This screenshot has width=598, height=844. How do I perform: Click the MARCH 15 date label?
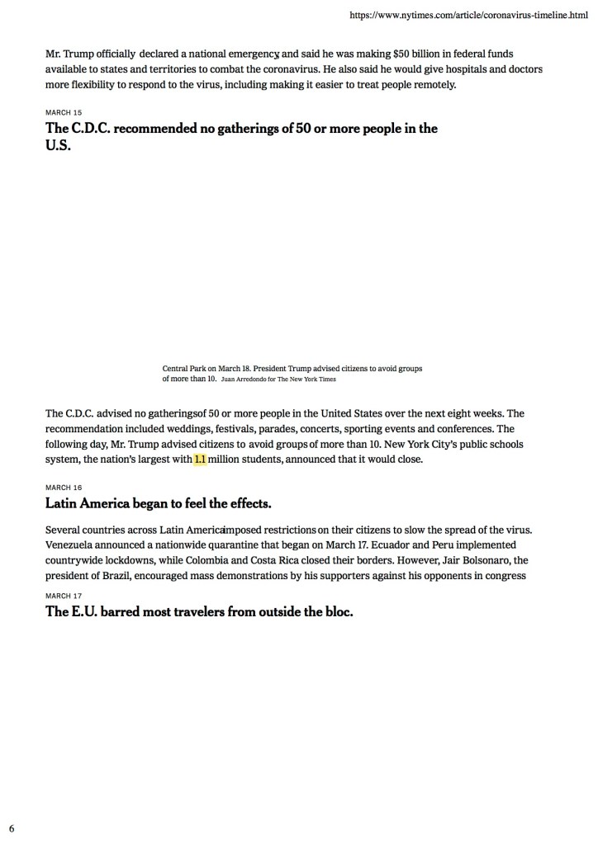pos(64,111)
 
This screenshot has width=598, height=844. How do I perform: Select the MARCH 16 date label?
pos(64,488)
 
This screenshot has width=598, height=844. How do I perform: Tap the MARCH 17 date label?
pos(64,596)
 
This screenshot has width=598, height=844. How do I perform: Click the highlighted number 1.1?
pos(200,460)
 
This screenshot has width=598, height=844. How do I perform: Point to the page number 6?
pos(12,827)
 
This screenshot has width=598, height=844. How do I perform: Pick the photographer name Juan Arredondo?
pos(249,380)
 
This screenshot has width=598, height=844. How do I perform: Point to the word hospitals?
pos(448,69)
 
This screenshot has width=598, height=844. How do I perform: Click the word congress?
pos(504,575)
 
